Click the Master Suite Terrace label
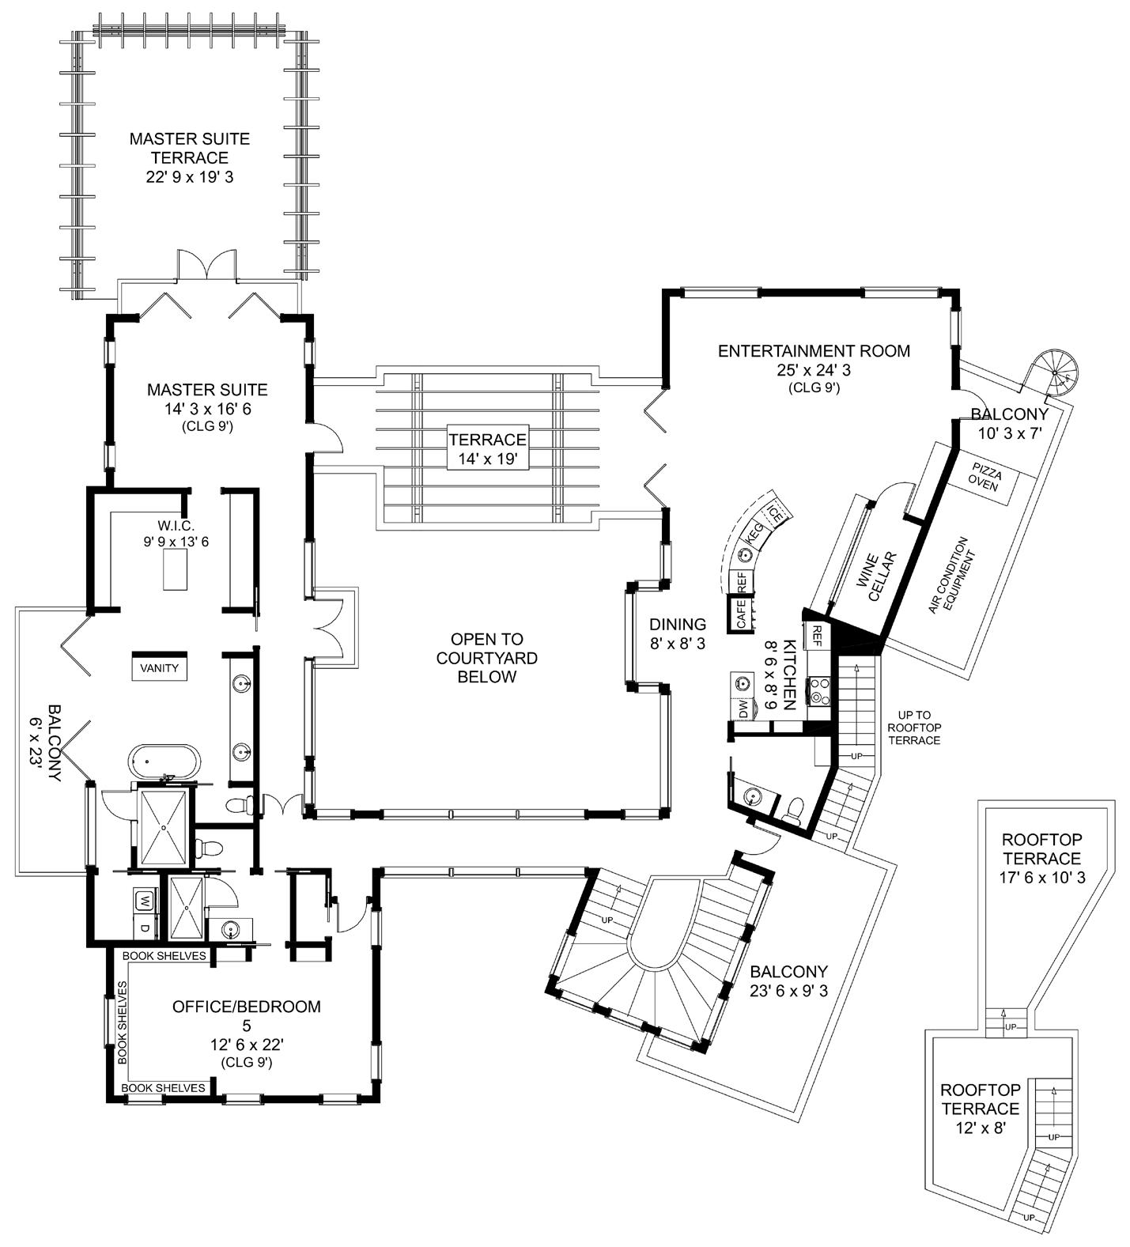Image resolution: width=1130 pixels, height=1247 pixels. [190, 157]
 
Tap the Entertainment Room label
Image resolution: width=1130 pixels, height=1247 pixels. [814, 368]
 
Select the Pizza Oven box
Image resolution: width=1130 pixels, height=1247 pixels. [984, 479]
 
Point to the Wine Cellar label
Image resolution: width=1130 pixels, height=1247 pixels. [875, 576]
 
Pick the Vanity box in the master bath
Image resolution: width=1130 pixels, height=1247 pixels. [160, 667]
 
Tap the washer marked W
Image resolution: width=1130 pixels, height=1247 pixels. [145, 900]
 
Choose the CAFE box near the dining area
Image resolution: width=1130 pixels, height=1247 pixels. [741, 614]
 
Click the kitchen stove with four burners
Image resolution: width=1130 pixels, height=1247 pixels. [818, 691]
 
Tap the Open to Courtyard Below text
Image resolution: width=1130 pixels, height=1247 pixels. [486, 658]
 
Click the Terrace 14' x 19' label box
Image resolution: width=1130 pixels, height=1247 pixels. [487, 449]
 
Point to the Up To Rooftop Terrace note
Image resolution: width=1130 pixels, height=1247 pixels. [913, 727]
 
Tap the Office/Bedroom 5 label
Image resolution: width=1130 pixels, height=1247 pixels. [247, 1034]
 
